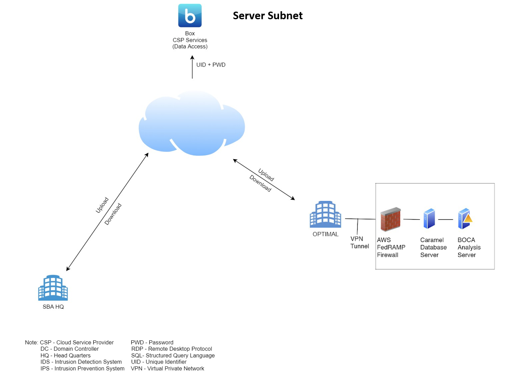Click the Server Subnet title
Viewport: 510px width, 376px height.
[x=268, y=16]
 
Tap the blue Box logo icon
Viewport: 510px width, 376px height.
[x=190, y=16]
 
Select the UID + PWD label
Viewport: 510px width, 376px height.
[x=211, y=64]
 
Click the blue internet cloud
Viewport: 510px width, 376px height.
[x=191, y=123]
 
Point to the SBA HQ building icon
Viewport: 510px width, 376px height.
[x=53, y=287]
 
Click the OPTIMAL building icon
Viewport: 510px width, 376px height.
[x=325, y=214]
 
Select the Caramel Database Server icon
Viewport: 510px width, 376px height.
[x=429, y=218]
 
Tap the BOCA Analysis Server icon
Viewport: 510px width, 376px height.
[x=465, y=218]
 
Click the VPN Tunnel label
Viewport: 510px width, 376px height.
[x=359, y=243]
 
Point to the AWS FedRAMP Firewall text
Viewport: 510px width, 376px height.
[x=391, y=247]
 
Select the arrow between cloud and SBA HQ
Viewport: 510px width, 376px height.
[x=107, y=211]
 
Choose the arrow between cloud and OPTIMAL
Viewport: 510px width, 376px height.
[x=264, y=179]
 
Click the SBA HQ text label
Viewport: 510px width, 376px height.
[x=53, y=307]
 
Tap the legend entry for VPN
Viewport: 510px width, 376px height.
[x=167, y=368]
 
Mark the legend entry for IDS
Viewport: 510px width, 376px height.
[x=81, y=362]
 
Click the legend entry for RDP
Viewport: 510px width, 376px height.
[x=171, y=349]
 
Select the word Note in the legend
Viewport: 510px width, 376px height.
[x=32, y=342]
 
